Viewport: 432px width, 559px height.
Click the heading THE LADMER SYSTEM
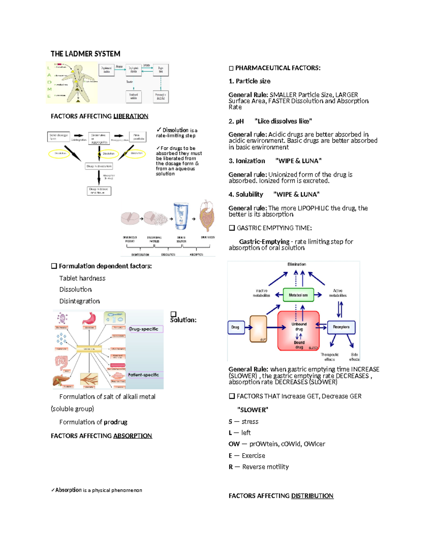tap(85, 54)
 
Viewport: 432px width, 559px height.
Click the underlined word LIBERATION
tap(131, 116)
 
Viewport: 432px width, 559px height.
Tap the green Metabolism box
tap(298, 295)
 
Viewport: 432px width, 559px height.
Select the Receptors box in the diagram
tap(341, 327)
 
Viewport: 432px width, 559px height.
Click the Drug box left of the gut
tap(235, 327)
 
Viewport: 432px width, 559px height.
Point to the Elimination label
tap(297, 264)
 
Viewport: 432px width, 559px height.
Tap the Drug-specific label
tap(144, 329)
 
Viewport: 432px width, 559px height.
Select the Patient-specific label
tap(143, 375)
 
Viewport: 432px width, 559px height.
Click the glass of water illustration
tap(180, 216)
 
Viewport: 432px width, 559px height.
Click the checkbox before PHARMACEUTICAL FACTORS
tap(231, 68)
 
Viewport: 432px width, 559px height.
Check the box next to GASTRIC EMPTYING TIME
tap(232, 228)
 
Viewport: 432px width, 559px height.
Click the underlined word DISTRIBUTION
tap(312, 496)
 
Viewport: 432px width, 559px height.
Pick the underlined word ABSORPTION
tap(132, 436)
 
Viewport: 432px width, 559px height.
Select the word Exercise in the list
tap(253, 456)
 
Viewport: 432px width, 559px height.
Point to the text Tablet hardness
tap(82, 278)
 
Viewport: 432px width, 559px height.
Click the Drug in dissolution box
tap(99, 166)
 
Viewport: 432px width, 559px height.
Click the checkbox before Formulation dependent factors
tap(54, 266)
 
